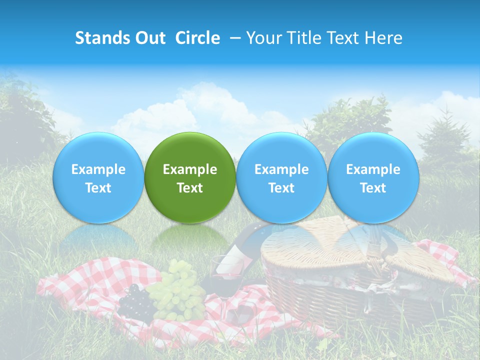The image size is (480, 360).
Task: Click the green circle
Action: pos(190,177)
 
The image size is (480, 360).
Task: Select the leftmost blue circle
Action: pos(98,177)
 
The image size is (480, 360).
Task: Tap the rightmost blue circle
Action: pos(373,177)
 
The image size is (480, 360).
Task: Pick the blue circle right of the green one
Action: pos(281,177)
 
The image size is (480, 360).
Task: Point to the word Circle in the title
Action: pos(197,38)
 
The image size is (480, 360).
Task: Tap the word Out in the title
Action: pos(148,38)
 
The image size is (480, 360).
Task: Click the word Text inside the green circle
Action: pos(190,188)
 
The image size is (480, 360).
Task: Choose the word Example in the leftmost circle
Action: pos(98,169)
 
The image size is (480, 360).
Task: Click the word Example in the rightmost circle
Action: pos(373,169)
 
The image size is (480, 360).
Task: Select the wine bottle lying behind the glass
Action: pos(240,250)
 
